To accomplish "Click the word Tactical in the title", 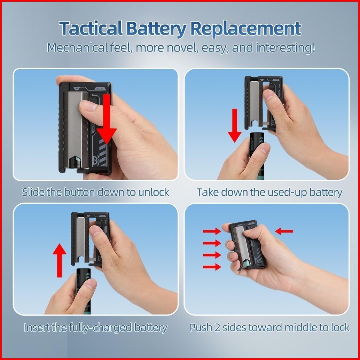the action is tap(91, 29).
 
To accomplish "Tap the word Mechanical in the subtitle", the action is tap(78, 48).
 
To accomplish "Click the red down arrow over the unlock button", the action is tap(107, 119).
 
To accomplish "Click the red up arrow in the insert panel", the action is tap(60, 260).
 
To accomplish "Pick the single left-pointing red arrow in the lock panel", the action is tap(284, 231).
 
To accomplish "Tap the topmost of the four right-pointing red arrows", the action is tap(212, 231).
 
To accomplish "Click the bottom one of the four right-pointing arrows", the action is tap(212, 267).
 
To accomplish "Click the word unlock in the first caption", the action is tap(154, 192).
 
